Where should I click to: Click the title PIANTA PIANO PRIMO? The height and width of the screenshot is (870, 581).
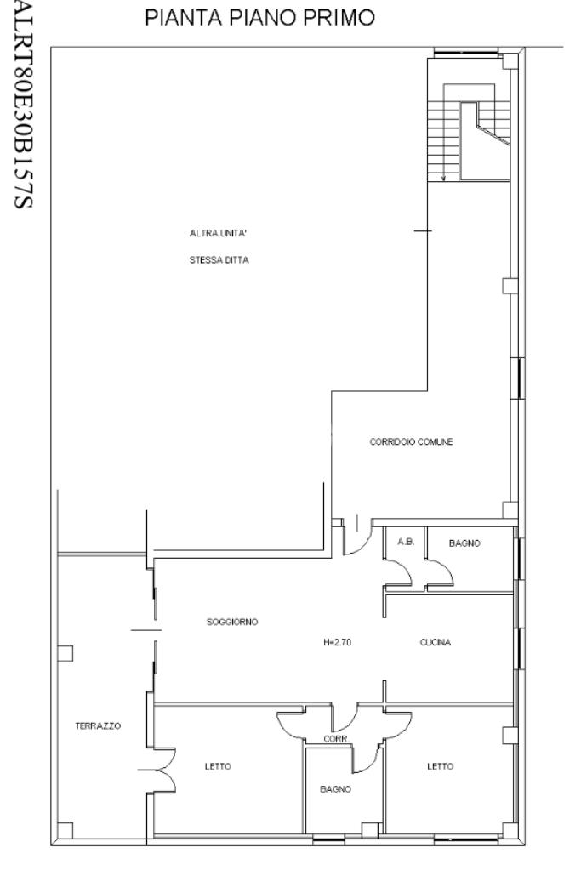(x=259, y=18)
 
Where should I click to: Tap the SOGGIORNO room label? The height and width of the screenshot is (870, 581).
(x=232, y=622)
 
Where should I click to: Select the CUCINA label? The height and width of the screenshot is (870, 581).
(x=435, y=643)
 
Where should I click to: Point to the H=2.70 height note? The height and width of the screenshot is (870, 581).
(x=337, y=643)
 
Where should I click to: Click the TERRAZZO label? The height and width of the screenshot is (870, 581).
(x=98, y=725)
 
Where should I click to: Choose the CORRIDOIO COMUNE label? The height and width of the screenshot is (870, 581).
(x=411, y=441)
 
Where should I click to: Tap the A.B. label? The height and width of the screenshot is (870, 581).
(x=407, y=542)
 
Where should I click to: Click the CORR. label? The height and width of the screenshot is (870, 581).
(x=337, y=739)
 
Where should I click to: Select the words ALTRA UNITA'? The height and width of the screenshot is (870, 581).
(x=218, y=234)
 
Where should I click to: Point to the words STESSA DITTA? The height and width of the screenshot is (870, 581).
(x=219, y=259)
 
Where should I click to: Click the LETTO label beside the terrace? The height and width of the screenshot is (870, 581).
(x=218, y=766)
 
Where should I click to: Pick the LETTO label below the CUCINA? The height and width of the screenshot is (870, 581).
(x=440, y=766)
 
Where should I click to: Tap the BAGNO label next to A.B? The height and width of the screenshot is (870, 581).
(x=464, y=543)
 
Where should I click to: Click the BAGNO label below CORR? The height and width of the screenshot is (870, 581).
(x=335, y=789)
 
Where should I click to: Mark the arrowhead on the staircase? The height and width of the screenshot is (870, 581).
(x=443, y=178)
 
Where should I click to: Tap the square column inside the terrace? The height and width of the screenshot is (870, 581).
(x=66, y=653)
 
